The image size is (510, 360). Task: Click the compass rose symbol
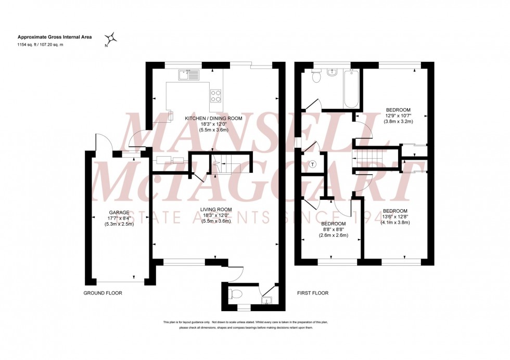point(111,38)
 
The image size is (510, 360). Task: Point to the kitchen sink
point(188,76)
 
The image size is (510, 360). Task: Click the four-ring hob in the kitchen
point(216,96)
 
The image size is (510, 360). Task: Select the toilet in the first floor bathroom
point(315,76)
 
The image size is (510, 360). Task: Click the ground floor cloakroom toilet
point(235,295)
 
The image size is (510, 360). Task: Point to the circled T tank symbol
point(312,164)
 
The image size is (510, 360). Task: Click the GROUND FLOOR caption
point(103,293)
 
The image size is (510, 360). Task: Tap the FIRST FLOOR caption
point(313,293)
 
